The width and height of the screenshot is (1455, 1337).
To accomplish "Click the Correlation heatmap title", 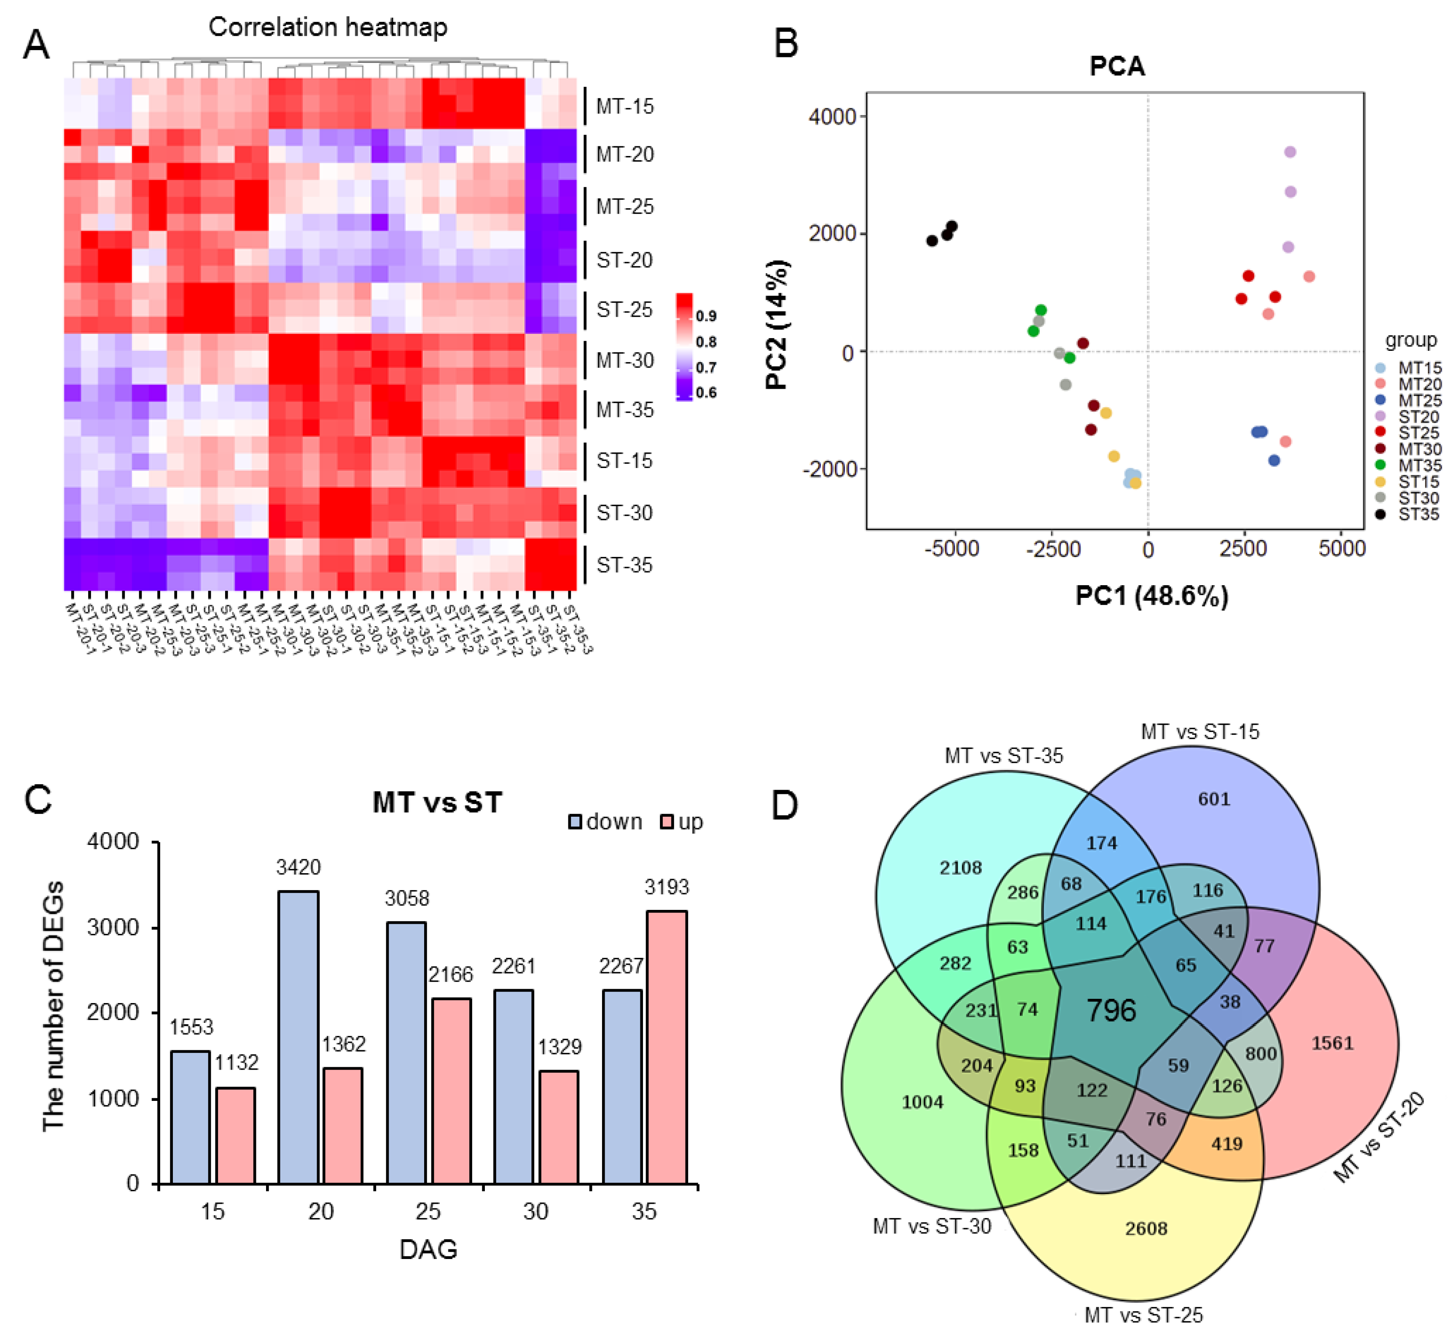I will click(x=328, y=27).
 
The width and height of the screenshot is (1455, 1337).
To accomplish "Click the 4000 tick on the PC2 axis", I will click(x=832, y=116).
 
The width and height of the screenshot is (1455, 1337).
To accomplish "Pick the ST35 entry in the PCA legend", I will click(x=1418, y=514).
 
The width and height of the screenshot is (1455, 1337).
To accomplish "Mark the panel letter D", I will click(x=785, y=805).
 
